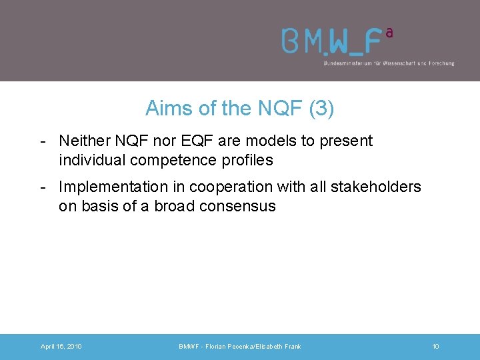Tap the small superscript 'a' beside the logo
(x=389, y=31)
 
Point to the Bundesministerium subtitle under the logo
(x=388, y=63)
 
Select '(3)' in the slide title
(x=321, y=108)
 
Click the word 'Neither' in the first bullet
(x=83, y=141)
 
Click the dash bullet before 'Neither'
(x=43, y=141)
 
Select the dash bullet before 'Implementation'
(x=43, y=187)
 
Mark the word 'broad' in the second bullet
(x=174, y=206)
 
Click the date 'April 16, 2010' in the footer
(x=61, y=347)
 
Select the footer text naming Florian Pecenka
(x=240, y=347)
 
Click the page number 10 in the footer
(x=435, y=347)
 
